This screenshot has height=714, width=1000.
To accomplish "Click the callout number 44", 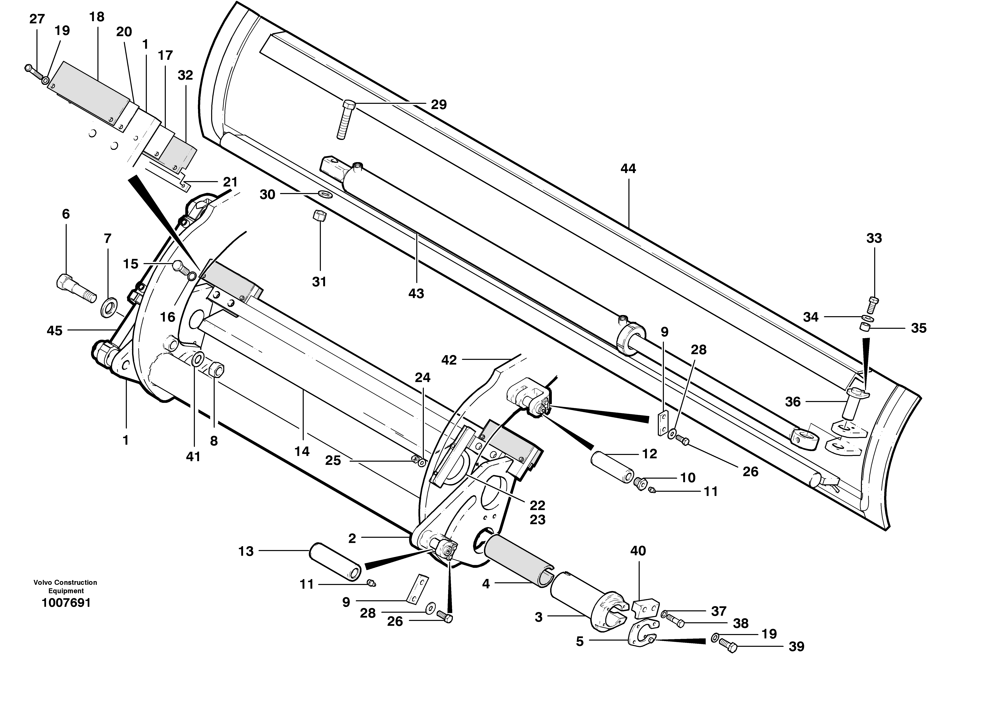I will click(x=628, y=168).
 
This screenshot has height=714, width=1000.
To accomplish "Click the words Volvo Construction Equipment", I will click(x=66, y=586).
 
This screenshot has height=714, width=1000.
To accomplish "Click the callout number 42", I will click(x=449, y=360).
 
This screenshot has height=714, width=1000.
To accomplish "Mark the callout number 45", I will click(x=54, y=331).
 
